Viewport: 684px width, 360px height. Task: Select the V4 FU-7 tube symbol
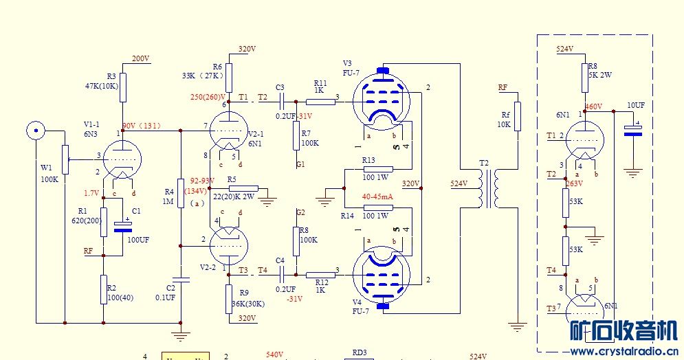(x=383, y=273)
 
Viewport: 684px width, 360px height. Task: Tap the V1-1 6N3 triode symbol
(x=122, y=160)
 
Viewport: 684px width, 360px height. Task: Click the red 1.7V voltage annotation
(x=91, y=193)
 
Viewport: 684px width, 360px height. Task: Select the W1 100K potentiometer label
(x=49, y=172)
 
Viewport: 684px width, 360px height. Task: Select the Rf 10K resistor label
(x=505, y=120)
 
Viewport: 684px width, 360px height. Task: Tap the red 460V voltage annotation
(x=593, y=107)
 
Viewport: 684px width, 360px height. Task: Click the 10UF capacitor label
(x=635, y=105)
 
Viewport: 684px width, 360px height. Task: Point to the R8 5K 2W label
(x=600, y=70)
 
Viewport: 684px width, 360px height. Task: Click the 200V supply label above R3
(x=140, y=59)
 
